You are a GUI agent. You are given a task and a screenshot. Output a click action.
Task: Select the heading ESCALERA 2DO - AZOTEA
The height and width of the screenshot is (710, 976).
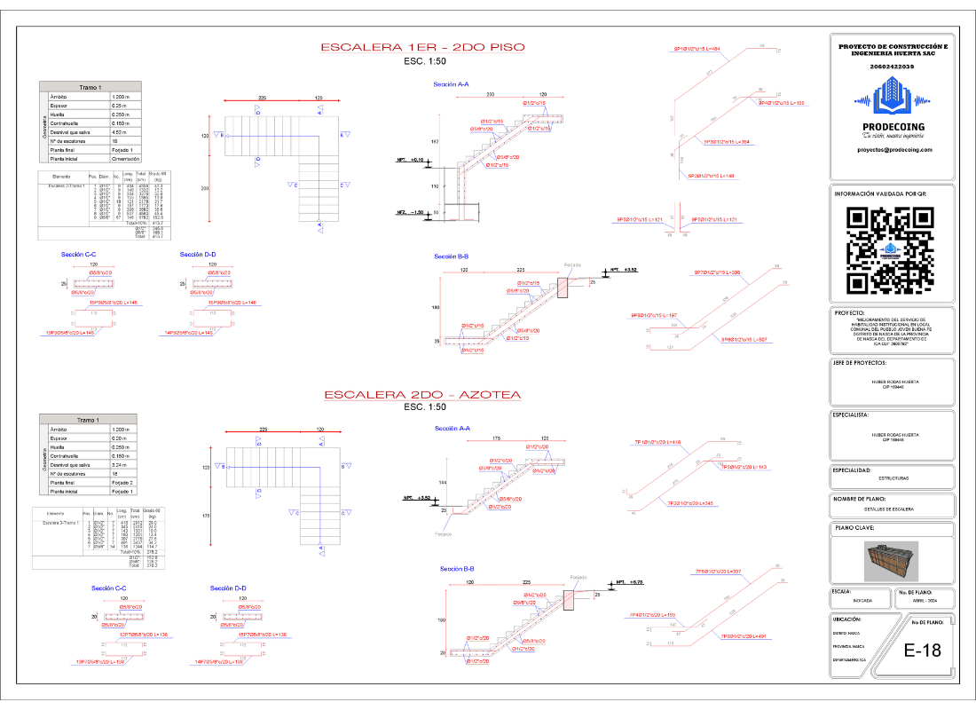[421, 394]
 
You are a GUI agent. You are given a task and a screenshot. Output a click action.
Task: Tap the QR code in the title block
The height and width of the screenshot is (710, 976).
[892, 250]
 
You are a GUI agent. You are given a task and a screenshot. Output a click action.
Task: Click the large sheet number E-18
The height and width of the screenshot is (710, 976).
[922, 651]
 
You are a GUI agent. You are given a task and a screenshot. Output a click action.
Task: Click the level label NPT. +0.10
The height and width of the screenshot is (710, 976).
[410, 159]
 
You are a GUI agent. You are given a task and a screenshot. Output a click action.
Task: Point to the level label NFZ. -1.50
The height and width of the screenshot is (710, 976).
[410, 212]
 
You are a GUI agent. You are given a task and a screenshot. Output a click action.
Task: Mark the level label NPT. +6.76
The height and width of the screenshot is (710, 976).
[625, 583]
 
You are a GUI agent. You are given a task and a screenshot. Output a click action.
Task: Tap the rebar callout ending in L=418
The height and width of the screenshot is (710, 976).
[657, 442]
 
